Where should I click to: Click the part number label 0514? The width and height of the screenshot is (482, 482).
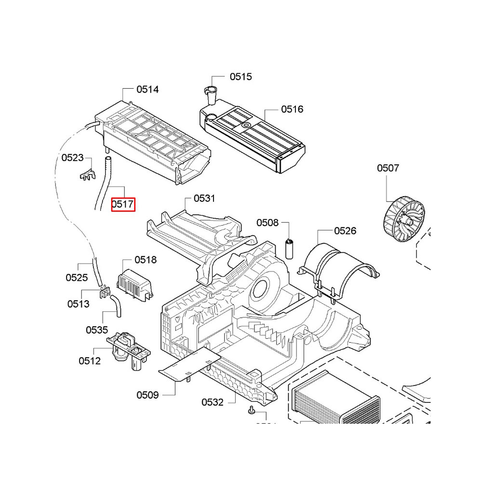(x=147, y=89)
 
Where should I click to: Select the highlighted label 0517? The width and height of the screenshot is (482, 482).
(x=123, y=204)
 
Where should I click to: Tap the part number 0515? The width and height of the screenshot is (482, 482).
(x=241, y=77)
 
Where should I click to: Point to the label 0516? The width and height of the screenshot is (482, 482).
(x=292, y=109)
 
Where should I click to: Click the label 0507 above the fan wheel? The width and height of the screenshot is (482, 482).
(x=388, y=168)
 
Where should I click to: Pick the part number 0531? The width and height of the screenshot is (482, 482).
(x=204, y=198)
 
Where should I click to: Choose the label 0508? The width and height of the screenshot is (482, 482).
(x=268, y=223)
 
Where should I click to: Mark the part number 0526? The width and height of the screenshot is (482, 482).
(x=345, y=231)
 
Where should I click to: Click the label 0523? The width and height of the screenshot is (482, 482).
(x=72, y=158)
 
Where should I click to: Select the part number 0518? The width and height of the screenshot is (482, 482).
(x=146, y=260)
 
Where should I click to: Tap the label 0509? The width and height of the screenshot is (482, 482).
(x=147, y=395)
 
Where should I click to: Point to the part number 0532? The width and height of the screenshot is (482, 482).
(x=213, y=402)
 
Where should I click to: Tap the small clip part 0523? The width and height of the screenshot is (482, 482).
(x=86, y=174)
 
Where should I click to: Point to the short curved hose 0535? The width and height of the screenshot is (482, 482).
(x=116, y=306)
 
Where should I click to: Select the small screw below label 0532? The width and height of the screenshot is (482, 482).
(x=251, y=410)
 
